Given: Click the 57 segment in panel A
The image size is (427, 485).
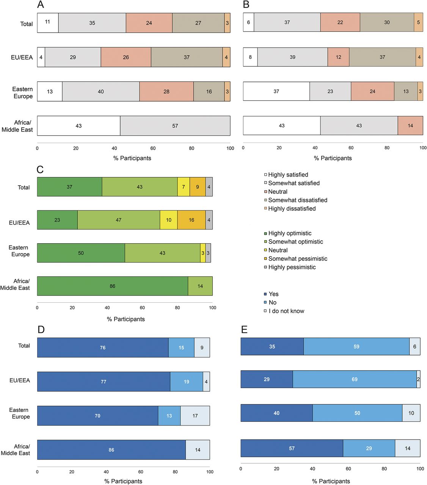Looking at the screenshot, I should pyautogui.click(x=175, y=126).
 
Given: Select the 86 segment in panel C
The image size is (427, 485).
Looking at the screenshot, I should pyautogui.click(x=112, y=286).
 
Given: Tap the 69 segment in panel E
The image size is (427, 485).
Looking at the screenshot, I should pyautogui.click(x=355, y=379).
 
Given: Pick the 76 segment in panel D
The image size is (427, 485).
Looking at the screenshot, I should pyautogui.click(x=102, y=347).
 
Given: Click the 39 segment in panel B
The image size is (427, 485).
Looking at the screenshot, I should pyautogui.click(x=292, y=57).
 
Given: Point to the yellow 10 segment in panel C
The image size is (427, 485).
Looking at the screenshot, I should pyautogui.click(x=168, y=220).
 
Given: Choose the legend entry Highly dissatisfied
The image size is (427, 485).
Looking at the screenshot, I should pyautogui.click(x=292, y=209).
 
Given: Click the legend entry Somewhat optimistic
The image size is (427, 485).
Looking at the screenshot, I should pyautogui.click(x=295, y=242).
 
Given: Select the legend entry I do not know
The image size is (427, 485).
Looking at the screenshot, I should pyautogui.click(x=286, y=311).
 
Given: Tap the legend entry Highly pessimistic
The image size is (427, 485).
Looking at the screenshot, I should pyautogui.click(x=292, y=267).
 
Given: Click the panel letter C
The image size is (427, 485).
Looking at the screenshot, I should pyautogui.click(x=40, y=169).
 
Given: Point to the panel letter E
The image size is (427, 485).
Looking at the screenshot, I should pyautogui.click(x=244, y=330).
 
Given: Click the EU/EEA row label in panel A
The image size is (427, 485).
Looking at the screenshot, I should pyautogui.click(x=22, y=58).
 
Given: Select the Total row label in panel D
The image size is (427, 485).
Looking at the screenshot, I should pyautogui.click(x=24, y=346).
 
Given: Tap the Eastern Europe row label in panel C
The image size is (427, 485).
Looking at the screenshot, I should pyautogui.click(x=19, y=251).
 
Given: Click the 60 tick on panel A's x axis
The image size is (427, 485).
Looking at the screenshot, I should pyautogui.click(x=153, y=148).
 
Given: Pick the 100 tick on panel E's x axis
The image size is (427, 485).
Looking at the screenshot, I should pyautogui.click(x=420, y=469).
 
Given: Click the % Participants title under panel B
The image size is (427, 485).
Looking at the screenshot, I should pyautogui.click(x=333, y=158).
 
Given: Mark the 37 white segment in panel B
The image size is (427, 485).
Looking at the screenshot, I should pyautogui.click(x=276, y=91).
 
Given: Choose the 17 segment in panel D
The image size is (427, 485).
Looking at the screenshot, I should pyautogui.click(x=195, y=416).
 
